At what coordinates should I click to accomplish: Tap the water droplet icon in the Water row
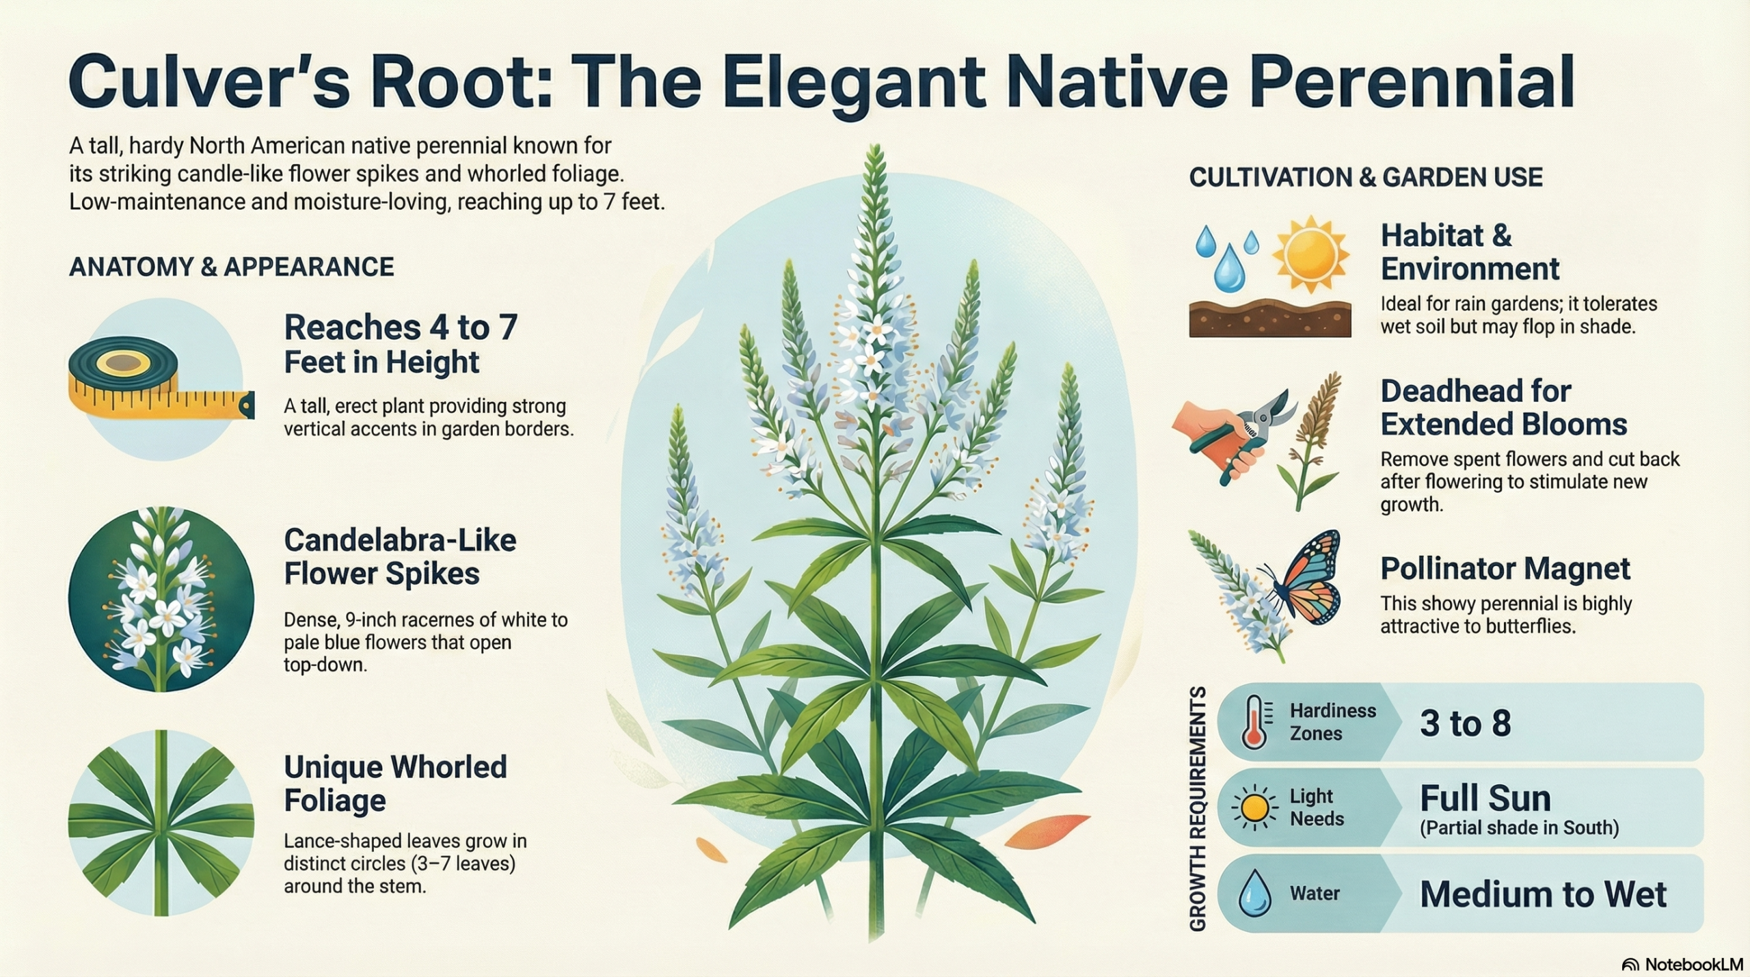tap(1255, 893)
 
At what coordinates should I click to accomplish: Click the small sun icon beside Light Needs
tap(1255, 808)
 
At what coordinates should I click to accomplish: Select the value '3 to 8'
tap(1466, 723)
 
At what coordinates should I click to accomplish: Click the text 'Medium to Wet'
tap(1544, 894)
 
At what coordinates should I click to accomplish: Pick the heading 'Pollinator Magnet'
tap(1505, 569)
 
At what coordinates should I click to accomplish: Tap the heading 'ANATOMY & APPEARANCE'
tap(232, 267)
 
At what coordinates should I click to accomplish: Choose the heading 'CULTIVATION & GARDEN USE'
tap(1366, 178)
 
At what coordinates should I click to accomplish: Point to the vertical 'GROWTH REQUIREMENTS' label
tap(1197, 809)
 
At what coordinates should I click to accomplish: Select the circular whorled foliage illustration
tap(161, 822)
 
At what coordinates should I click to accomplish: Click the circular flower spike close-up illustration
tap(161, 599)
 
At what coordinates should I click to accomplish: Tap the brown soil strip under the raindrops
tap(1270, 319)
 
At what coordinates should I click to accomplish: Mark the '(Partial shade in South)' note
tap(1520, 829)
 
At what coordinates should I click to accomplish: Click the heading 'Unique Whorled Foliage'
tap(395, 784)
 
